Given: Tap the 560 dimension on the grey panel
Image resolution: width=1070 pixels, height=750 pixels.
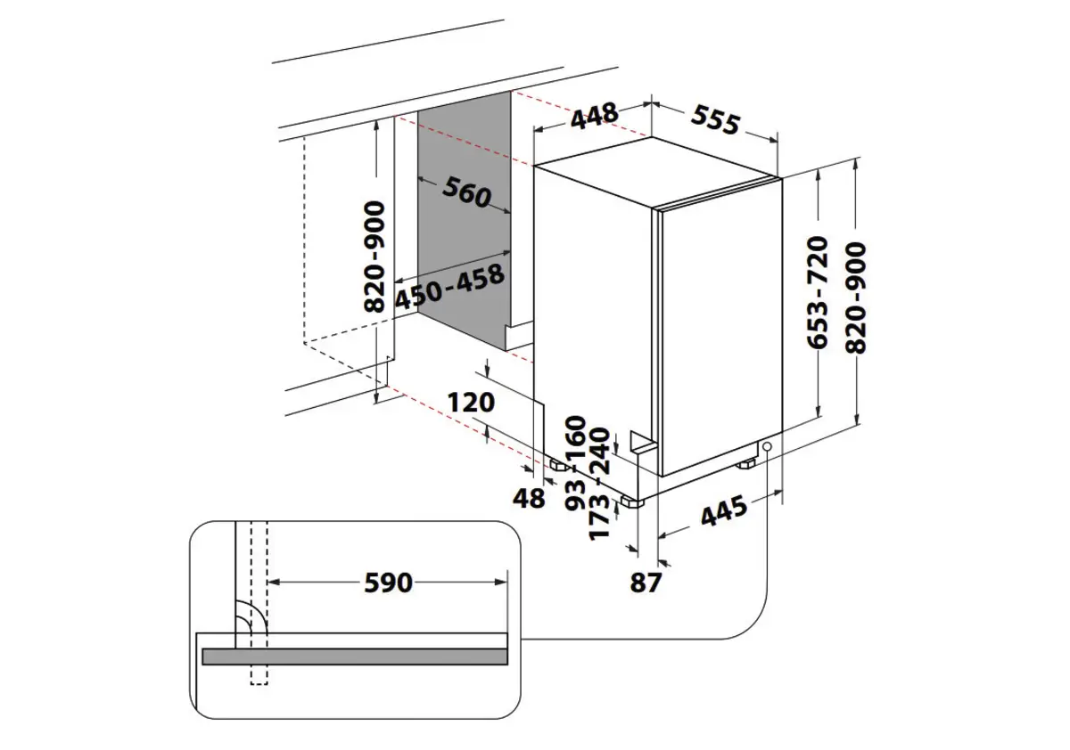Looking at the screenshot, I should [465, 192].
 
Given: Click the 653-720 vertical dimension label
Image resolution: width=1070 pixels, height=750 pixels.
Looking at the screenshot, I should [819, 291].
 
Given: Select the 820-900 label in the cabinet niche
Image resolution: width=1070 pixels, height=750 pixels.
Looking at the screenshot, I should [374, 257].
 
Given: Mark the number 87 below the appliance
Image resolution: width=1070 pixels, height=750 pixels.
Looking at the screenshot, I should [646, 583].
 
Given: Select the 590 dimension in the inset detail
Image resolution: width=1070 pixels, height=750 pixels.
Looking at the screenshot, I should [388, 583].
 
